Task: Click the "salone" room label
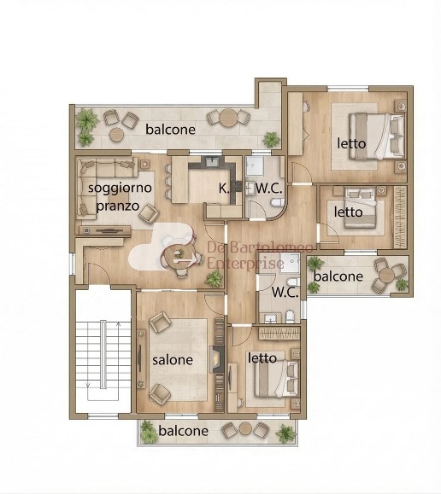[x=173, y=360]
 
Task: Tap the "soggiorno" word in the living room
[x=120, y=188]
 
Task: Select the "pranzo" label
[x=118, y=206]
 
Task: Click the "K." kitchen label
[x=224, y=189]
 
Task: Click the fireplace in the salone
[x=217, y=358]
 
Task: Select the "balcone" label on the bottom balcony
[x=184, y=431]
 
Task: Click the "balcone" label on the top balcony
[x=170, y=130]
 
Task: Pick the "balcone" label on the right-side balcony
[x=338, y=276]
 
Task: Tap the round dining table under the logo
[x=179, y=255]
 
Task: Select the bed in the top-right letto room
[x=377, y=137]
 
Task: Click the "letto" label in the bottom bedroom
[x=262, y=357]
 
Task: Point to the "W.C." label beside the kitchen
[x=269, y=189]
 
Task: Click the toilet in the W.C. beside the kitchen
[x=278, y=203]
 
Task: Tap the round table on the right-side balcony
[x=386, y=275]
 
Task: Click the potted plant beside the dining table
[x=214, y=278]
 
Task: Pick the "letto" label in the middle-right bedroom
[x=348, y=212]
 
